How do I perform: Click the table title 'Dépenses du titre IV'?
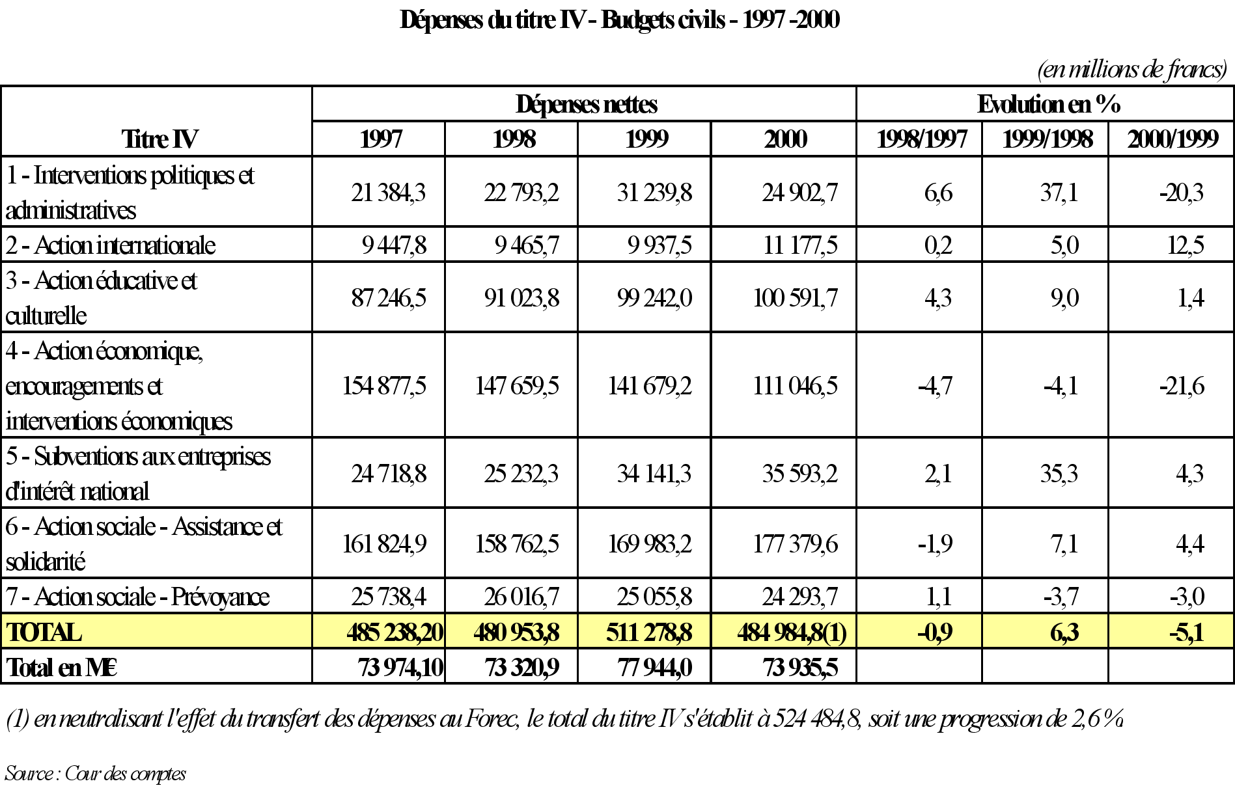point(619,20)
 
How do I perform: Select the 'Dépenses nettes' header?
point(586,104)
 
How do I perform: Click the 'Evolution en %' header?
point(1048,104)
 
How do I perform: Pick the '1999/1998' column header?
point(1047,139)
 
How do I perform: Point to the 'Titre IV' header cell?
point(160,139)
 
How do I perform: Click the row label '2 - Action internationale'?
point(111,245)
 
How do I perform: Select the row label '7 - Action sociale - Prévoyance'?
point(137,597)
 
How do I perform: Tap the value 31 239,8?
point(654,193)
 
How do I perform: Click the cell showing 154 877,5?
point(384,386)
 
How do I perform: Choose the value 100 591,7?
point(795,298)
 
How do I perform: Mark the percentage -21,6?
point(1182,386)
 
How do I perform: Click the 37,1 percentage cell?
point(1059,193)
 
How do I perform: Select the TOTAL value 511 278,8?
point(649,633)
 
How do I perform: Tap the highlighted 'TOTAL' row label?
point(44,633)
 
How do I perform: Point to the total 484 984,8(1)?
point(792,633)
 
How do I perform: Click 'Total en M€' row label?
point(62,668)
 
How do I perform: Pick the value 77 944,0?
point(655,668)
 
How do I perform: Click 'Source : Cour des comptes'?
point(95,773)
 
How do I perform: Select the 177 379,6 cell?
point(795,544)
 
